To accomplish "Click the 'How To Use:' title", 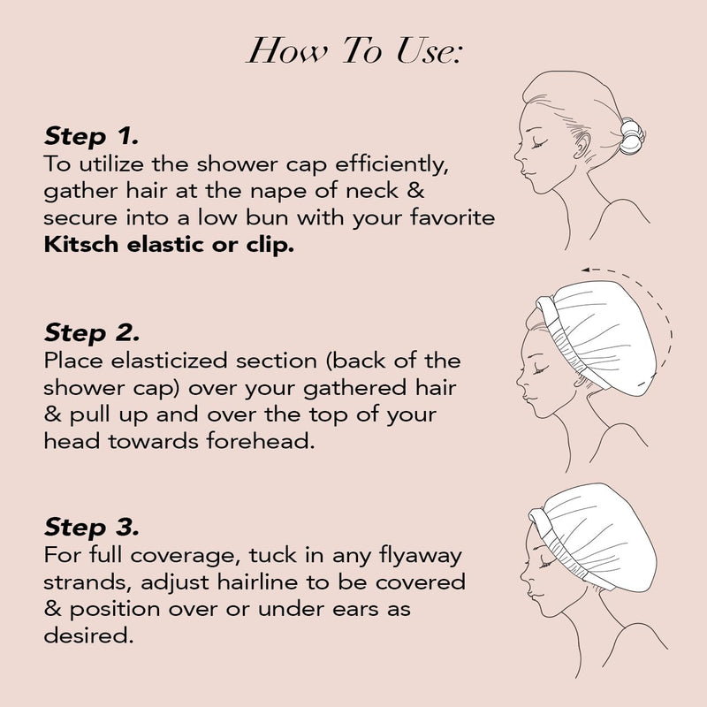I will [353, 50].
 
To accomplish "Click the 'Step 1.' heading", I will [91, 136].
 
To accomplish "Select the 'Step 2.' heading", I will [91, 334].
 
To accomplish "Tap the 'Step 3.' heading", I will [91, 528].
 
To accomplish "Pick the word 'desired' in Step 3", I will [88, 635].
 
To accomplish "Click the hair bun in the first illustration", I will [629, 137].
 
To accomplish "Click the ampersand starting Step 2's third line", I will [49, 414].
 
